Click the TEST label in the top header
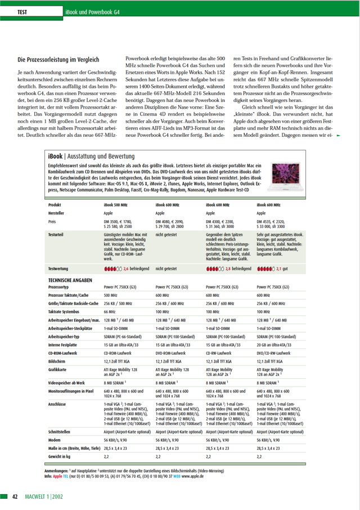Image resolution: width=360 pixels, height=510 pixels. point(23,11)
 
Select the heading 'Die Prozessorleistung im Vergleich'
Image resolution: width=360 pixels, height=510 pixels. point(58,59)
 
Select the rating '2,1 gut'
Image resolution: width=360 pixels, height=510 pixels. point(272,269)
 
